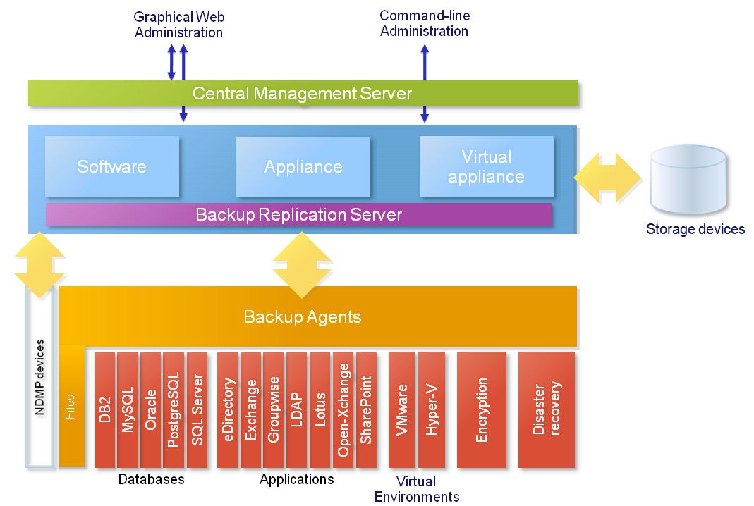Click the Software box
[x=112, y=166]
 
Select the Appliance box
[x=303, y=166]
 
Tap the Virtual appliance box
[x=486, y=166]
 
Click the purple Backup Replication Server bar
[x=298, y=214]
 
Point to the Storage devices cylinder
[x=688, y=179]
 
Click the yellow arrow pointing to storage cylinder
[x=608, y=178]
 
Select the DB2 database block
[x=105, y=410]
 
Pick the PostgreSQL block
[x=174, y=410]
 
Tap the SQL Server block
[x=197, y=410]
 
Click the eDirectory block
[x=227, y=410]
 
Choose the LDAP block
[x=297, y=410]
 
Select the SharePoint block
[x=367, y=410]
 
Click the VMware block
[x=401, y=410]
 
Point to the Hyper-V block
[x=432, y=410]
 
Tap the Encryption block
[x=481, y=410]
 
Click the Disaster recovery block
[x=547, y=410]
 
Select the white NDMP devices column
[x=39, y=377]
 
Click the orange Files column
[x=72, y=406]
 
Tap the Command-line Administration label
[x=425, y=23]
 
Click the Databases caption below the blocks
[x=152, y=479]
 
